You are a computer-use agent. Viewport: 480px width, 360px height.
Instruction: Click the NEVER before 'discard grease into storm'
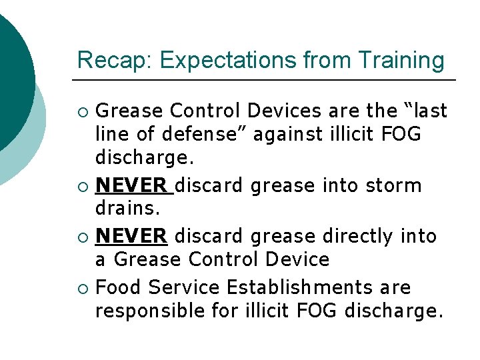click(131, 185)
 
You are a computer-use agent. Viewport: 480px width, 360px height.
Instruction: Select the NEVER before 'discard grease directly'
click(131, 236)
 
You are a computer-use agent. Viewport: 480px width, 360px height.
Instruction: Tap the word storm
click(393, 185)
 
